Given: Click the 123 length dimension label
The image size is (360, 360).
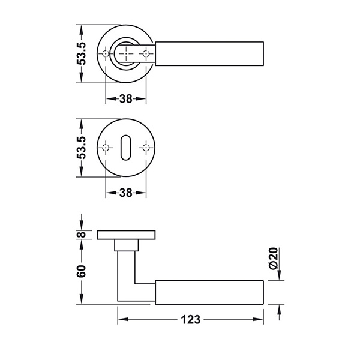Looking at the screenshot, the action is tap(191, 319).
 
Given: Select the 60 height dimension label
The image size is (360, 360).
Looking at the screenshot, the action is tap(81, 271).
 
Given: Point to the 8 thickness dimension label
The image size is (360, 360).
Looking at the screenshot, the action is tap(82, 235).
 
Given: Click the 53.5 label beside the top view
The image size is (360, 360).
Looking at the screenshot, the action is tap(81, 53).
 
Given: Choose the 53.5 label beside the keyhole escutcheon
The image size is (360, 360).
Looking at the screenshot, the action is tap(81, 148).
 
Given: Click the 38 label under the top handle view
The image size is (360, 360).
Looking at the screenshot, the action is tap(126, 99).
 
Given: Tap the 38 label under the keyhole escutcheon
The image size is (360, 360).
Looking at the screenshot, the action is tap(126, 193).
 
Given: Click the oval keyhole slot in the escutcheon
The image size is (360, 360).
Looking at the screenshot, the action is tap(126, 148).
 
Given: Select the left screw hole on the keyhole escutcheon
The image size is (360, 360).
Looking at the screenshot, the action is tap(106, 148).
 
